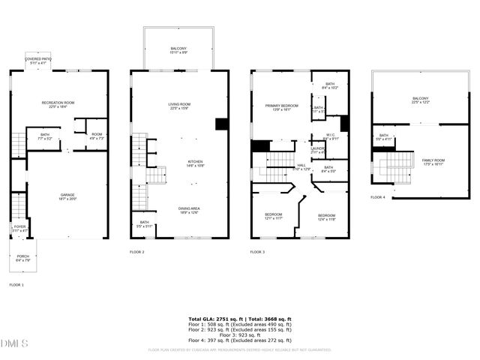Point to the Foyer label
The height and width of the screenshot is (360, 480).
(19, 228)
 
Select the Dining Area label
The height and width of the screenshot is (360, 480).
(189, 211)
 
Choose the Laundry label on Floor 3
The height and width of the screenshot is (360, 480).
(318, 151)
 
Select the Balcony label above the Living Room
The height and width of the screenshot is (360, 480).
(179, 50)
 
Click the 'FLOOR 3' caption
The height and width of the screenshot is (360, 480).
(257, 252)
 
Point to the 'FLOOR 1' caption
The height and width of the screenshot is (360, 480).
(16, 285)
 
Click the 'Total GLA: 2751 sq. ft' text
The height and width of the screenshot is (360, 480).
(214, 319)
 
